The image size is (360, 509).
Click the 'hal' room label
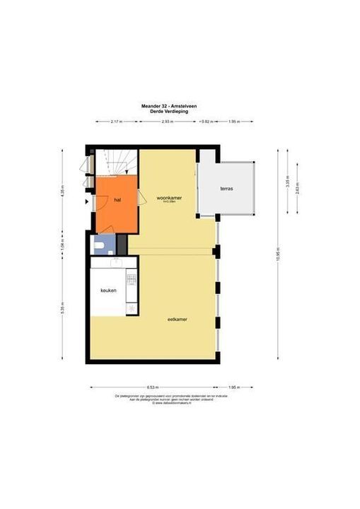coord(117,200)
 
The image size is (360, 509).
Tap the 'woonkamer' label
coord(169,198)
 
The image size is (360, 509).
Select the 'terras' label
coord(226,189)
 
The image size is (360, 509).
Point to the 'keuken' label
coord(108,290)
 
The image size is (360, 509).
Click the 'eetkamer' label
coord(177,319)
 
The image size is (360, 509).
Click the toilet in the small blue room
coord(102,245)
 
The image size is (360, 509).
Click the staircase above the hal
coord(112,162)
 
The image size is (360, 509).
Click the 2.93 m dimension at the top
coord(168,122)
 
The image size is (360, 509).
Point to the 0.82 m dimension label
coord(206,122)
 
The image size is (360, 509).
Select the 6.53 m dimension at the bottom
coord(153,387)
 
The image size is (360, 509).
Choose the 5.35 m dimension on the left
coord(62,308)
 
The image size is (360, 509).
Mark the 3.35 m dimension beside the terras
coord(287,180)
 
